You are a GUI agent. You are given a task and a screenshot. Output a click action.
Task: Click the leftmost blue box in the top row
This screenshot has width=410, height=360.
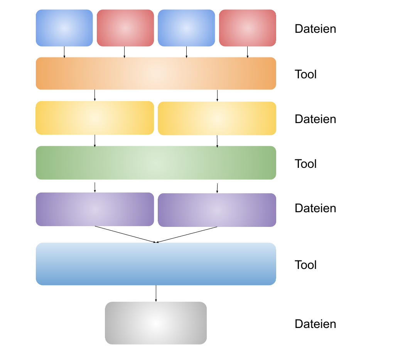pos(64,28)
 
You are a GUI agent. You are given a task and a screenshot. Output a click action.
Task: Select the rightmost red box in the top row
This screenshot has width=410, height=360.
pos(247,28)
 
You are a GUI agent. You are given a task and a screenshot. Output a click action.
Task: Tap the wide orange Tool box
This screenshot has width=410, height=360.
pos(156,73)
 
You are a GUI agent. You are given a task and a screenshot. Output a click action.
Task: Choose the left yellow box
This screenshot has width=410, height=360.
pos(94,118)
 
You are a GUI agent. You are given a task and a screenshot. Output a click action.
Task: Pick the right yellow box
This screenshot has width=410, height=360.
pos(217,118)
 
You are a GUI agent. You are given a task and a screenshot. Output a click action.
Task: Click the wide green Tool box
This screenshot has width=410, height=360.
pos(156,162)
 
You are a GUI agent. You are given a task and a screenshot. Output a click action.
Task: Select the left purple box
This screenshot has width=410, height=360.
pos(94,209)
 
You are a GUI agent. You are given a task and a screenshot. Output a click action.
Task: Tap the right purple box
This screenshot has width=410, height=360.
pos(217,210)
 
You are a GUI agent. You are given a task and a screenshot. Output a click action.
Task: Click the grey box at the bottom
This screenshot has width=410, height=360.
pos(156,323)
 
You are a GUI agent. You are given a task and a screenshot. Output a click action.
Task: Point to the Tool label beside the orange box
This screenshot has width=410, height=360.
pos(305,74)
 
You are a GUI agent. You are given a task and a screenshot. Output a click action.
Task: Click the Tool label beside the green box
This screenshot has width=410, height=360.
pos(305,164)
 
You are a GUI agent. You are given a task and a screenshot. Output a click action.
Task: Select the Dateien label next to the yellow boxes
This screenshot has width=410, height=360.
pos(315,119)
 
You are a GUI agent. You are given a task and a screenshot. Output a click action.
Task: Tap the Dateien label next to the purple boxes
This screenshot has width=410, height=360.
pos(315,208)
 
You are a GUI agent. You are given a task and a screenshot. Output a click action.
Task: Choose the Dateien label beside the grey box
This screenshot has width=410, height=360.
pos(315,324)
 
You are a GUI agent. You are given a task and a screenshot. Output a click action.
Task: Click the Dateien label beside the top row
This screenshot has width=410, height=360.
pos(315,29)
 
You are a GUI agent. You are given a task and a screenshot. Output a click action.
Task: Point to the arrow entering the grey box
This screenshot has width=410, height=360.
pos(156,293)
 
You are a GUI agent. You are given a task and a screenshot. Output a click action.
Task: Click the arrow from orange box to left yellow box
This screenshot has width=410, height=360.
pos(94,95)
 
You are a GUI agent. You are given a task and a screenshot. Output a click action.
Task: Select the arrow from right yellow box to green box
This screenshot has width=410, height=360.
pos(217,141)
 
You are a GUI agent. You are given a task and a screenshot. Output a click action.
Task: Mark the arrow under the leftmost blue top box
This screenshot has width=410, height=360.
pos(64,52)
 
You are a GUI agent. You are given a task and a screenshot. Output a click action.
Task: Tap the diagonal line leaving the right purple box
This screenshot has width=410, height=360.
pos(187,235)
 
